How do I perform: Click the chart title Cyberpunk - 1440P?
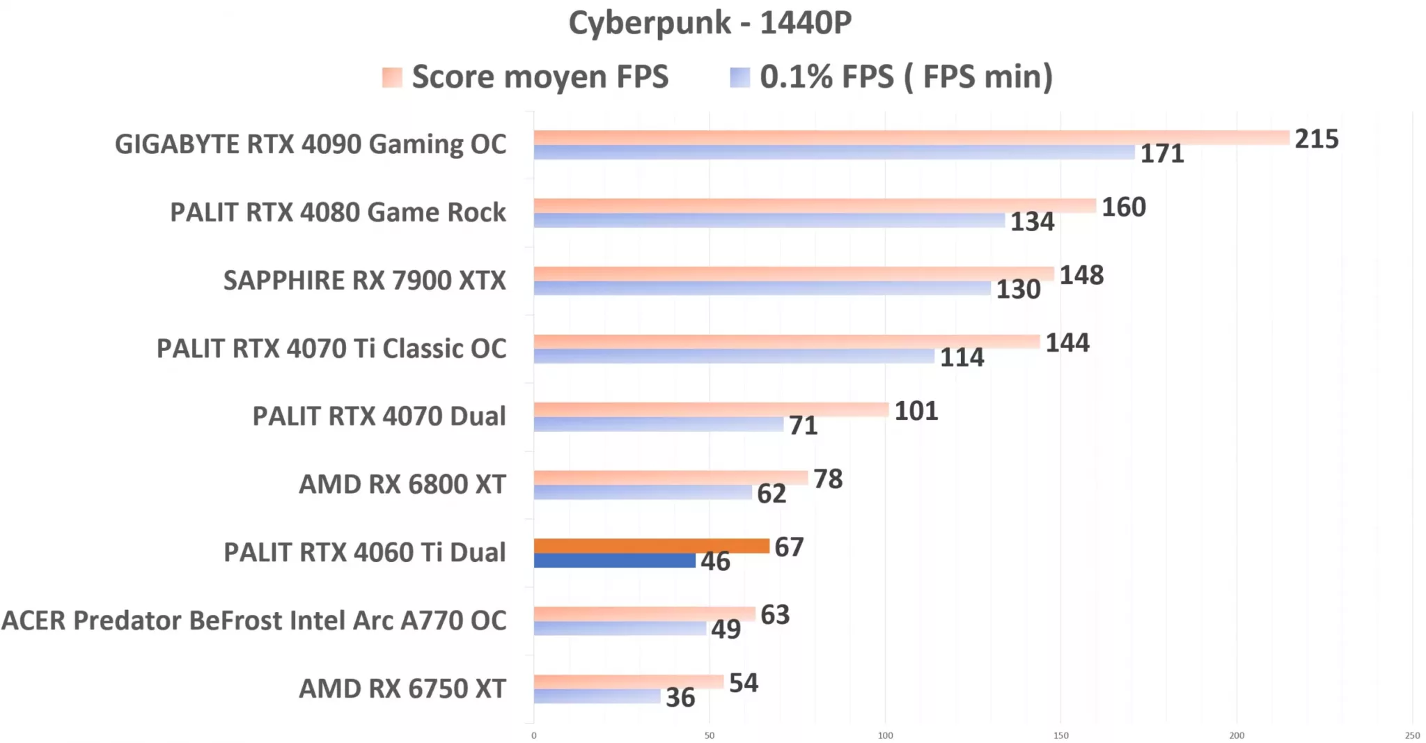(x=710, y=23)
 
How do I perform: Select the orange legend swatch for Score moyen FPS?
(x=392, y=77)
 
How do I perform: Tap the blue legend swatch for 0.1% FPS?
(x=739, y=77)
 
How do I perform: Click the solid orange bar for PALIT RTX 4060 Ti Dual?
(x=651, y=546)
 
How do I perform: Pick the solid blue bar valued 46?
(x=614, y=561)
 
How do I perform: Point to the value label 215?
(x=1316, y=139)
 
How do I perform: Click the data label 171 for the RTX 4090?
(x=1161, y=154)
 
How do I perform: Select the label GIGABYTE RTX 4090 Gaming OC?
(x=311, y=144)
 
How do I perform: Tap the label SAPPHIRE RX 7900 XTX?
(x=364, y=280)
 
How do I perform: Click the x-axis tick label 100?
(x=885, y=735)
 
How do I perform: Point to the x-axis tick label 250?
(x=1412, y=735)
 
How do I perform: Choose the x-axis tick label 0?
(x=534, y=735)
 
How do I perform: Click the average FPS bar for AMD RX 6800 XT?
(x=670, y=478)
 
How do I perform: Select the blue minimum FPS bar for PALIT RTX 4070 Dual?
(x=658, y=424)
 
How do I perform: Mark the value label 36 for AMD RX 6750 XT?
(x=680, y=698)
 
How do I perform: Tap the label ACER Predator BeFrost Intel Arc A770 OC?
(x=254, y=620)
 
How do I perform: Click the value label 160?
(x=1123, y=207)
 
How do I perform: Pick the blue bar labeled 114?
(x=733, y=357)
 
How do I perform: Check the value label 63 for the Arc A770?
(x=774, y=615)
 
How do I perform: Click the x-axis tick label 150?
(x=1060, y=735)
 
